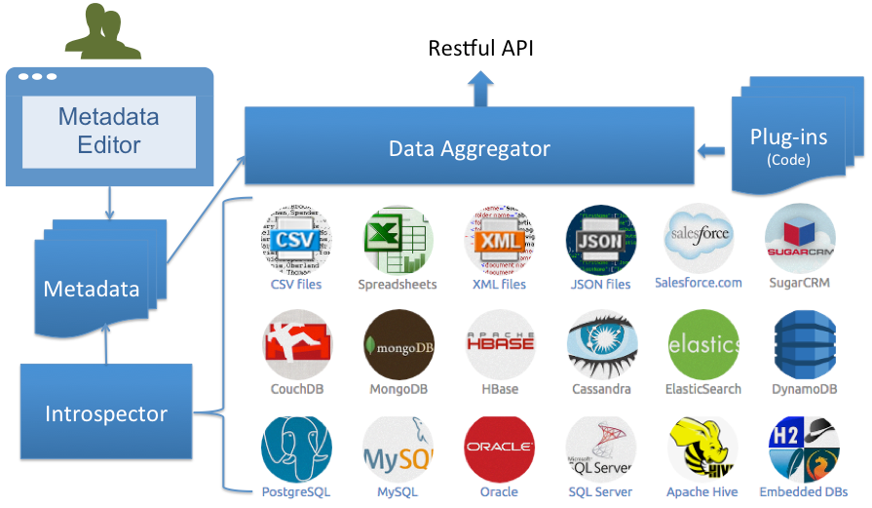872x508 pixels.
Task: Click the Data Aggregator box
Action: click(x=469, y=148)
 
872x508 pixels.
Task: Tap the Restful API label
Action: click(x=481, y=49)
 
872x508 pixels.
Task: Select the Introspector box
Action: click(x=106, y=413)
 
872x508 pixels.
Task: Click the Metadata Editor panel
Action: click(x=109, y=131)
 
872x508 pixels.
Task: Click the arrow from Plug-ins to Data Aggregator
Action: click(x=712, y=151)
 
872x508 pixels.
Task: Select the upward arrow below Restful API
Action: click(x=481, y=90)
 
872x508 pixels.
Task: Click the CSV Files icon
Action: click(x=296, y=240)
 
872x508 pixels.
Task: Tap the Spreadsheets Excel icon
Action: click(x=398, y=240)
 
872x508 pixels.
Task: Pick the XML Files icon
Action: click(x=499, y=240)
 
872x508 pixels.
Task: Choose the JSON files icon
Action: click(x=601, y=240)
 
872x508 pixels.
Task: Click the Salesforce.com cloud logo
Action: click(x=699, y=238)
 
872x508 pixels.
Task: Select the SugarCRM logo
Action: click(x=800, y=238)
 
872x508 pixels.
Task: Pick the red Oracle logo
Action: click(x=499, y=448)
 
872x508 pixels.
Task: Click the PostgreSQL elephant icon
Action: click(x=296, y=448)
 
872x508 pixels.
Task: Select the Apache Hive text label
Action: click(x=701, y=492)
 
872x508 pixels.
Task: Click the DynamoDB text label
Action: click(x=804, y=389)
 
